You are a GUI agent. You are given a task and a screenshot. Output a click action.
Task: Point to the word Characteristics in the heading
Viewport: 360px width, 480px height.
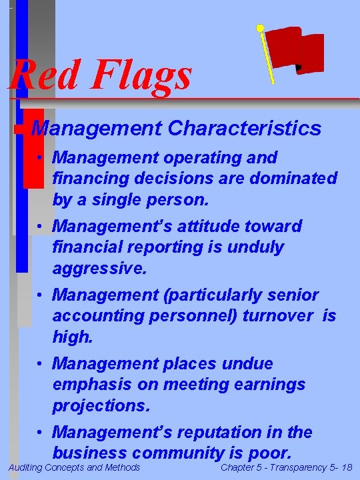[x=245, y=128]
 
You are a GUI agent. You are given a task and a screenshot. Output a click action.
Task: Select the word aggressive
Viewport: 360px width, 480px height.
[x=96, y=269]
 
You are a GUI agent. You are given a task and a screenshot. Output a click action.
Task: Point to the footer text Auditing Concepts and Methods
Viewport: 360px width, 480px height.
[x=74, y=468]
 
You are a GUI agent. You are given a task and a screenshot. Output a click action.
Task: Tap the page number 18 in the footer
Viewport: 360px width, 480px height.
[x=346, y=468]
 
